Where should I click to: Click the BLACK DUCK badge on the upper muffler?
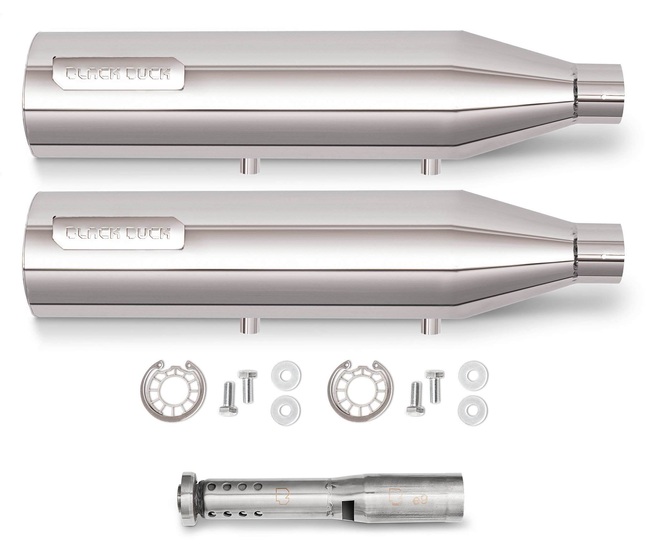(119, 73)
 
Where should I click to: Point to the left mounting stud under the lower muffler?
(250, 326)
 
